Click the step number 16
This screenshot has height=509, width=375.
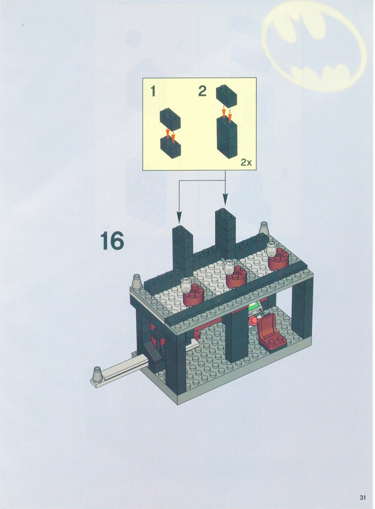[112, 241]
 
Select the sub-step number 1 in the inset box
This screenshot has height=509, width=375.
[154, 91]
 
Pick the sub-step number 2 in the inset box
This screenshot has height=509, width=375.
[202, 91]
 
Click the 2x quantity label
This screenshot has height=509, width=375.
[246, 163]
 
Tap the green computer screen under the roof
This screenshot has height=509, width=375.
[255, 306]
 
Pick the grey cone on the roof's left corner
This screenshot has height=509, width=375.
[137, 281]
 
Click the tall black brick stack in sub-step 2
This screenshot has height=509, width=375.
[227, 137]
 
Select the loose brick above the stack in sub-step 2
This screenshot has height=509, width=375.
[226, 96]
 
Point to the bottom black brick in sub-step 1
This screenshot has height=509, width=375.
[170, 147]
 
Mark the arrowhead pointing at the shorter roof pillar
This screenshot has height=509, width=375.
[179, 218]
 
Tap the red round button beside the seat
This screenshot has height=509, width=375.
[252, 321]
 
